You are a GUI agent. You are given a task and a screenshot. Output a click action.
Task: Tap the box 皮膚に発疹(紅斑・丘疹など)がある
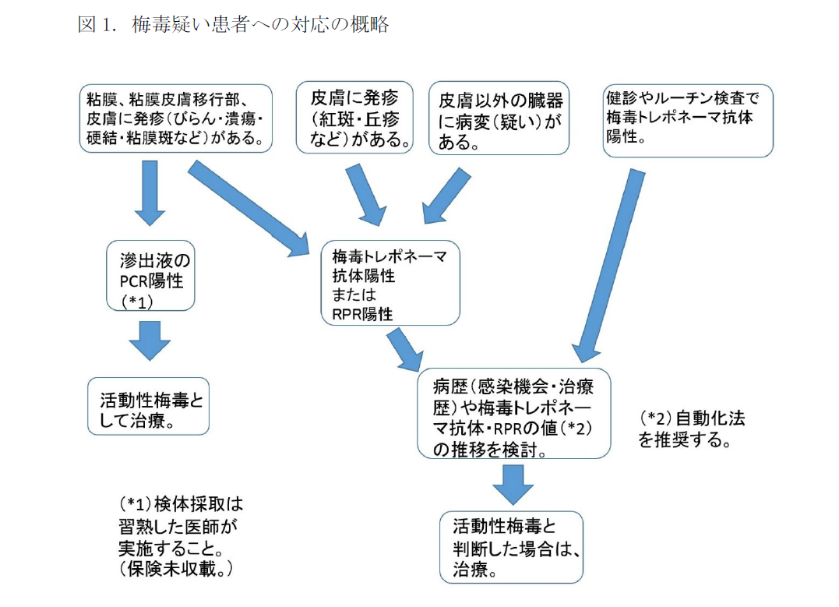(355, 118)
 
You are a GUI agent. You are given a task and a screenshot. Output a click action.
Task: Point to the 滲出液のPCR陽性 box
(150, 277)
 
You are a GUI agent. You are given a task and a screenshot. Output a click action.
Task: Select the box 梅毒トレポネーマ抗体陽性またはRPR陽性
(390, 284)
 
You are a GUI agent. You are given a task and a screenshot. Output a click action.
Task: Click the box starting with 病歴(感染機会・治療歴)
(514, 414)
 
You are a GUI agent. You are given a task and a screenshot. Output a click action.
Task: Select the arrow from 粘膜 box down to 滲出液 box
(150, 192)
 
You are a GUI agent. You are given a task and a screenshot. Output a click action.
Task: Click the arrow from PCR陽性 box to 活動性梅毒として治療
(150, 339)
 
